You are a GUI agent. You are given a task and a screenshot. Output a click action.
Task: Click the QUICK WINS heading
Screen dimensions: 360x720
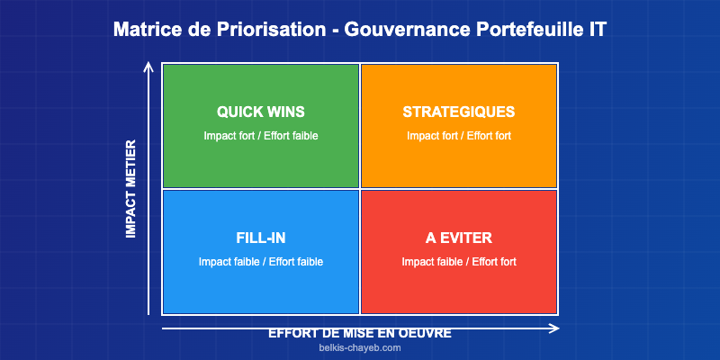(x=261, y=112)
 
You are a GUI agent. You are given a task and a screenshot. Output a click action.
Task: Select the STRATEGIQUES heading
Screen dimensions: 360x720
(x=459, y=112)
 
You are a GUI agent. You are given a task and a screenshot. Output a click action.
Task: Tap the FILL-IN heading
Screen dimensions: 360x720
(x=261, y=238)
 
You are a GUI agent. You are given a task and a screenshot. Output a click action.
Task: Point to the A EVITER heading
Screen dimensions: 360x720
(x=459, y=238)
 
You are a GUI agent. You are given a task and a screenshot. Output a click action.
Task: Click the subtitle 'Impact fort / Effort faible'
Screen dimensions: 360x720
(x=261, y=136)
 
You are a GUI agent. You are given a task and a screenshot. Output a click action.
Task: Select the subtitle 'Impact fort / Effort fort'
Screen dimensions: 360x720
(x=459, y=136)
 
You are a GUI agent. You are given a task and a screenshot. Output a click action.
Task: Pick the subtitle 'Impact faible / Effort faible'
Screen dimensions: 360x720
(x=261, y=262)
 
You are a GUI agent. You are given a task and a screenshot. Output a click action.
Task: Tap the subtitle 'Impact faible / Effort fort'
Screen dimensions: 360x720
(x=459, y=262)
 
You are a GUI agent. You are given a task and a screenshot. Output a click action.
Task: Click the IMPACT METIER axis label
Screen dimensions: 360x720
(x=130, y=189)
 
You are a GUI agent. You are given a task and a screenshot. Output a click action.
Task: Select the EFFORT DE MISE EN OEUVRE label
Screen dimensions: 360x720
(x=360, y=333)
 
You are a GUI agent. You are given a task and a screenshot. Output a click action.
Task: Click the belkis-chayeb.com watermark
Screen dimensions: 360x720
(x=360, y=348)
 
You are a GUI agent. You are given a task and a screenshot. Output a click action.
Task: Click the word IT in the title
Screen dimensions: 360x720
(x=597, y=30)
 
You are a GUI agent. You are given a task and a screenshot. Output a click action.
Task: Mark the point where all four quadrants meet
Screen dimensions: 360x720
(x=360, y=189)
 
